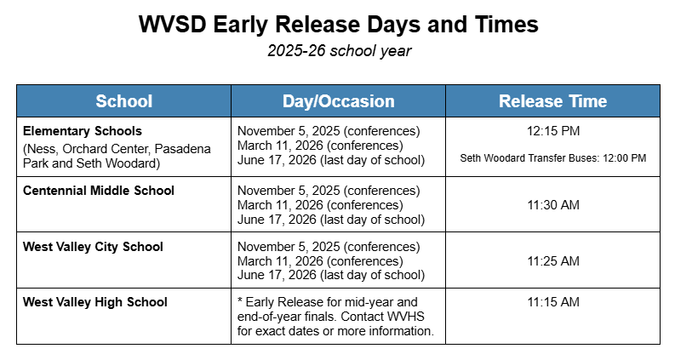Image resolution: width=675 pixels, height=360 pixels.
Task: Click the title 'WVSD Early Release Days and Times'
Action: (338, 25)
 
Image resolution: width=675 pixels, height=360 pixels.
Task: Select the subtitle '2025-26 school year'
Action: (338, 51)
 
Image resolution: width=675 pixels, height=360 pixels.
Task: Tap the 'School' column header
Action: (123, 101)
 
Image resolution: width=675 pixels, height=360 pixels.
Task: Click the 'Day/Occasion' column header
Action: (338, 101)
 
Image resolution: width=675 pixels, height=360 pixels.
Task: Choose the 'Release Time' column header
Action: (552, 101)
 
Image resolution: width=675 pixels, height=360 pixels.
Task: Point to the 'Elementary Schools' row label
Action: (83, 131)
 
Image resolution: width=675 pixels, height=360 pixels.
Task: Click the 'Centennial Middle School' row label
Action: (99, 191)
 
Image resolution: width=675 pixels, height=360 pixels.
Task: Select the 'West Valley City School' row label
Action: (93, 247)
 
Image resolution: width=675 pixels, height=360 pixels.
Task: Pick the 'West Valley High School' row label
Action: (95, 302)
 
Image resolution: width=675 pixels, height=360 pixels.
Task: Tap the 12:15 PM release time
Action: (552, 131)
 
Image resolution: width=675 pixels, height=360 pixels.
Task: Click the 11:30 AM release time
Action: (552, 205)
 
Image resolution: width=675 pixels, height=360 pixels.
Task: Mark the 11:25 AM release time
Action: (552, 260)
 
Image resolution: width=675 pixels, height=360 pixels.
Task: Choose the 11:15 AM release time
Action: (552, 302)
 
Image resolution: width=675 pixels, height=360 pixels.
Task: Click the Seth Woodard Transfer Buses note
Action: (552, 158)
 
